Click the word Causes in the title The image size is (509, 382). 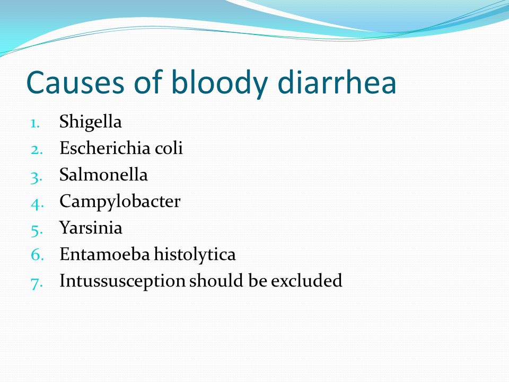(75, 82)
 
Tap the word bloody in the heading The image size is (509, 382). (219, 85)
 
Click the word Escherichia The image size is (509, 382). (105, 148)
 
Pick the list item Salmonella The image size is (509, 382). (103, 175)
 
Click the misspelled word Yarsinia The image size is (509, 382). (91, 228)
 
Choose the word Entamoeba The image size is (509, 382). (105, 254)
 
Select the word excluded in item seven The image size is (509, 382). (306, 281)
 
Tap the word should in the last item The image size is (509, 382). (216, 281)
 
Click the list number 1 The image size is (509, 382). (36, 124)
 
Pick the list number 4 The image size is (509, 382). (37, 204)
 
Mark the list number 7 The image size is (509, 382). (37, 283)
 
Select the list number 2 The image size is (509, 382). (37, 150)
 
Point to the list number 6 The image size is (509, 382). (37, 254)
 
